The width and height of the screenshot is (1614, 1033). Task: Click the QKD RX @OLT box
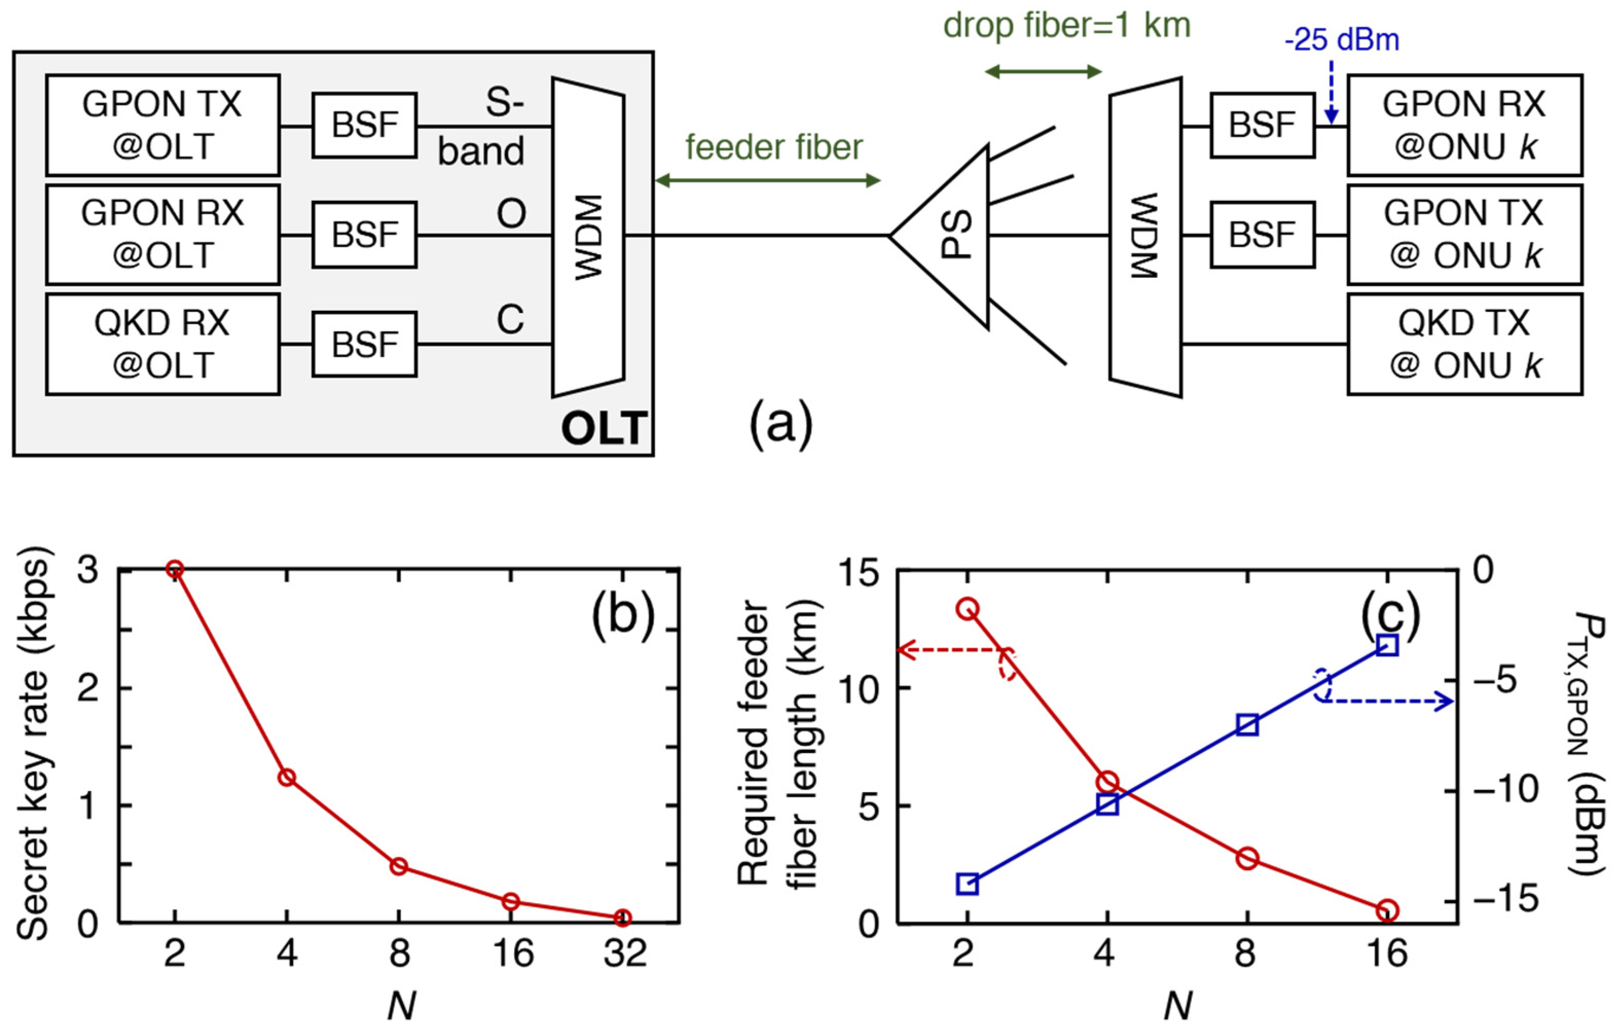tap(162, 344)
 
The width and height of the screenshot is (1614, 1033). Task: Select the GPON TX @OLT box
tap(162, 125)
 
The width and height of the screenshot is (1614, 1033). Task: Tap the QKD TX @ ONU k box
tap(1464, 344)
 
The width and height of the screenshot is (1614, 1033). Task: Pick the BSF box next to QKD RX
tap(364, 344)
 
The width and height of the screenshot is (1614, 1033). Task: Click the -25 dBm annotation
tap(1342, 40)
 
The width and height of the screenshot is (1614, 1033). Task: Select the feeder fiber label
tap(773, 147)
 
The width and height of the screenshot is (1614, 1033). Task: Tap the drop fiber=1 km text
tap(1067, 26)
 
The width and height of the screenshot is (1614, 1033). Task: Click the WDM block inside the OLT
tap(589, 237)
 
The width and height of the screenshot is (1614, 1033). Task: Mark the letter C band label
tap(510, 320)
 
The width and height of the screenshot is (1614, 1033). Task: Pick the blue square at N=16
tap(1386, 645)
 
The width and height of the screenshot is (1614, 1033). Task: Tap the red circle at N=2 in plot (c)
tap(967, 609)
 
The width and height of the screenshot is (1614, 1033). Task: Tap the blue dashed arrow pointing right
tap(1403, 702)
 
